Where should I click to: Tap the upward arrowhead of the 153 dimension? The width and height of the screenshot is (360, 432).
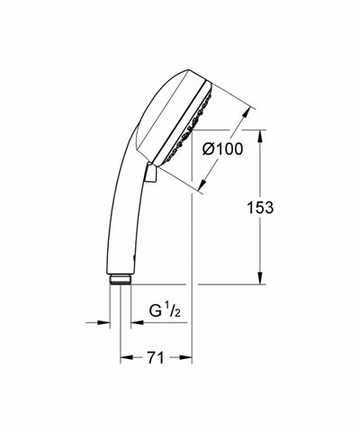click(260, 135)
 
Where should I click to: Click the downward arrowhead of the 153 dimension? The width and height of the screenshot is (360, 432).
click(260, 278)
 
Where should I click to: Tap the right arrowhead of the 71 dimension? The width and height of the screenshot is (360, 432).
click(185, 358)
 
